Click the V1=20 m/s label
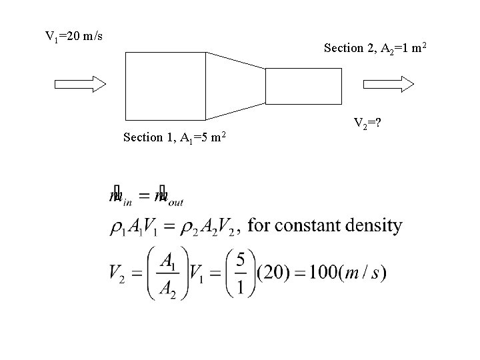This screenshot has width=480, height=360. (73, 35)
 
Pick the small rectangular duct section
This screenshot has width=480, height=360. (303, 86)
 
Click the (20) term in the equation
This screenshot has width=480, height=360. (272, 273)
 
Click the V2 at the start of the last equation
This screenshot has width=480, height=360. (119, 274)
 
